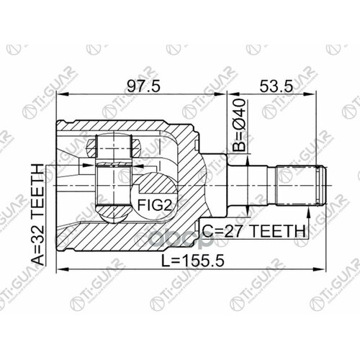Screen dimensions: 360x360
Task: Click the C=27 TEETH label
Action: [x=253, y=232]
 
